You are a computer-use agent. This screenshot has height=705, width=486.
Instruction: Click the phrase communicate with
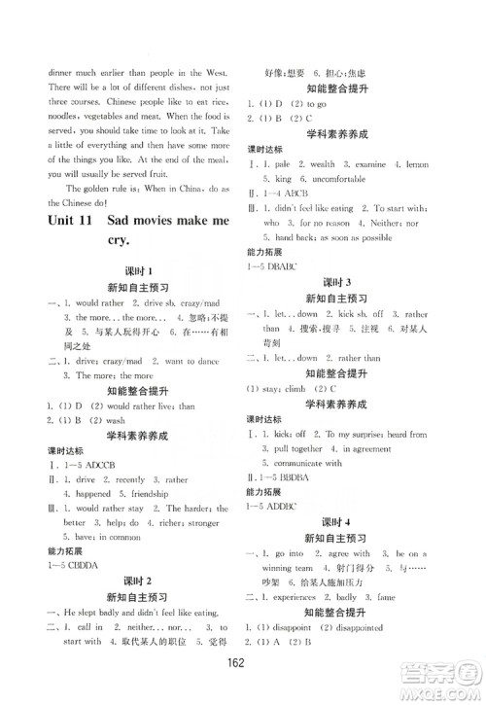(x=312, y=463)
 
